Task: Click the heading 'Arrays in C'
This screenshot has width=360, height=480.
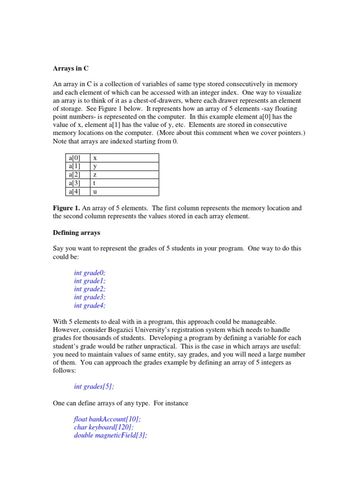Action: click(70, 68)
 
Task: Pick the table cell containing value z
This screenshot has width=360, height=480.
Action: click(124, 175)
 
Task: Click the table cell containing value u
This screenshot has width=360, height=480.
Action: click(124, 192)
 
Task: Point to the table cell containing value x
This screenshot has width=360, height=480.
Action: click(124, 158)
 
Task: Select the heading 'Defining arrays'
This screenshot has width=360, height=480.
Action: click(76, 232)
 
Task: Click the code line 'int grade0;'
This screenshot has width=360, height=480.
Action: click(90, 273)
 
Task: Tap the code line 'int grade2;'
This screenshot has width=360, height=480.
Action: click(90, 289)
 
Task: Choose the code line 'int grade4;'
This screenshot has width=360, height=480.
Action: click(90, 306)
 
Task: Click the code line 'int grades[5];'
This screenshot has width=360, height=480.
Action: click(94, 387)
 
